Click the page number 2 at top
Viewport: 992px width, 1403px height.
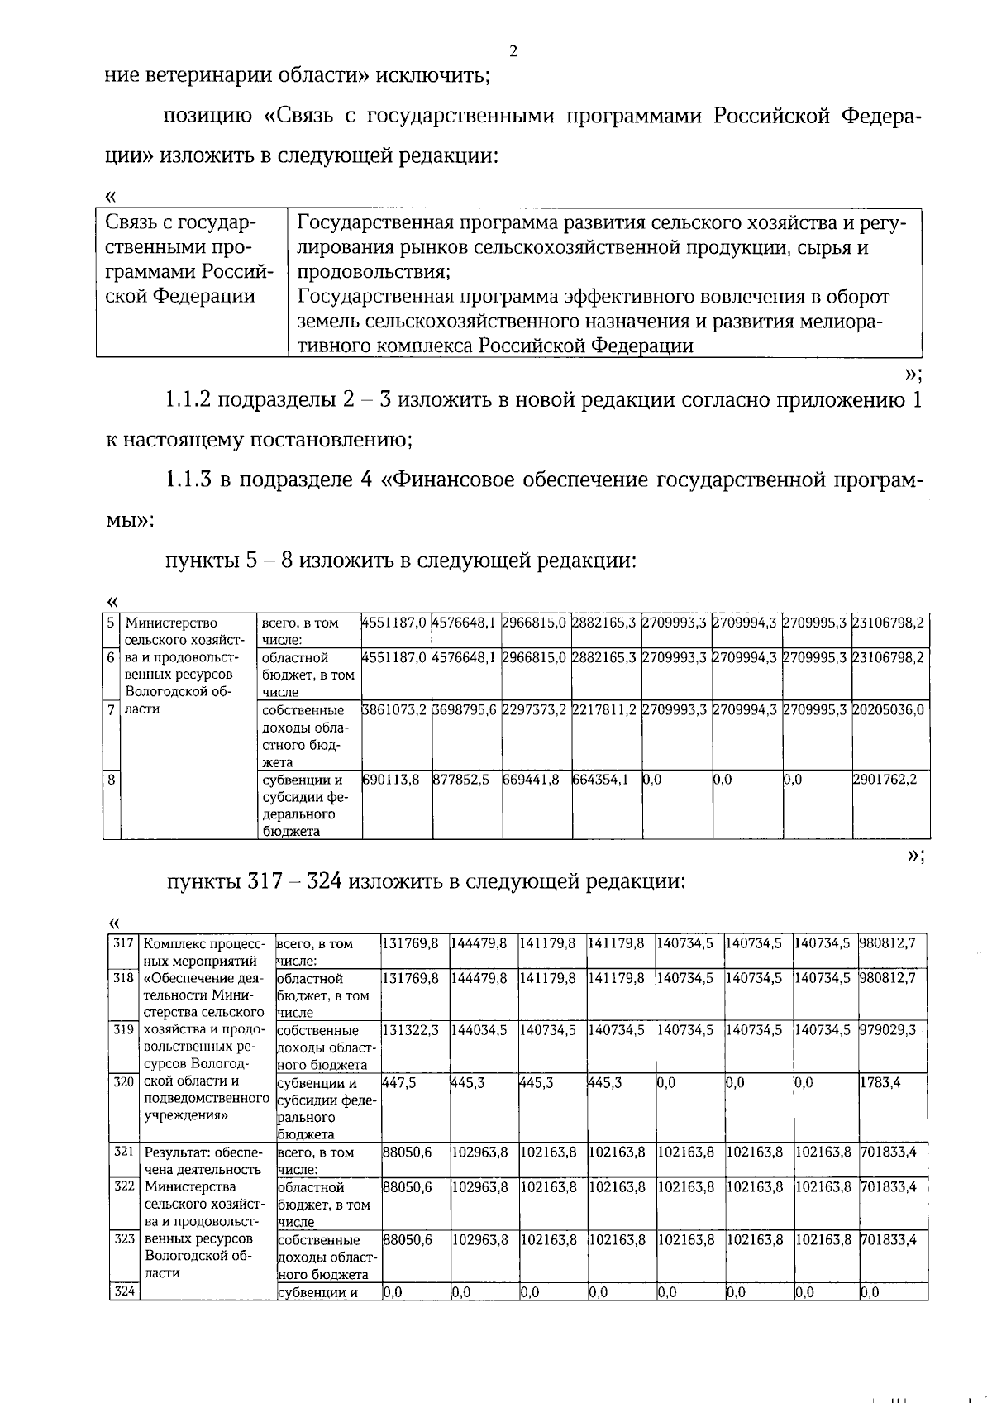(513, 52)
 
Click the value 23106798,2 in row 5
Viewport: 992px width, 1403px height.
(889, 623)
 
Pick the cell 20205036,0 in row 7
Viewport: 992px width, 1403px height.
(889, 709)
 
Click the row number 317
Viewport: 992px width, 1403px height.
(123, 942)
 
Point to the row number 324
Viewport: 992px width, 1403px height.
(123, 1291)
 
